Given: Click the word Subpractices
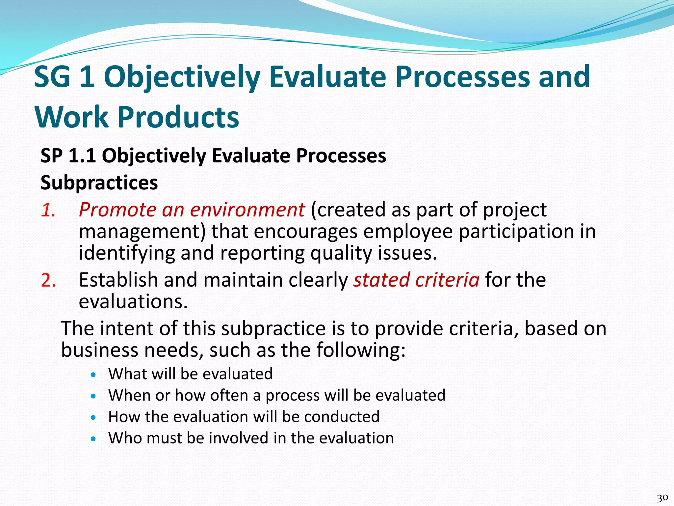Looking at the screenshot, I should pos(99,183).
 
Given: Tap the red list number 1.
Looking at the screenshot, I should pos(48,210).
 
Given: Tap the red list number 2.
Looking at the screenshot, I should pos(48,280).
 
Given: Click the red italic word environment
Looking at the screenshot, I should pos(247,210).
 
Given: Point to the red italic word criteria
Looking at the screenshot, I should pos(447,280).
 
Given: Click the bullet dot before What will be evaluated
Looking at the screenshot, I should pos(94,375).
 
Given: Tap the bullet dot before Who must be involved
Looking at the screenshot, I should pos(94,439).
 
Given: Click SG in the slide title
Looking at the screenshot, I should pos(52,77).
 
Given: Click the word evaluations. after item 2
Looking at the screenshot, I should pos(133,301).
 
